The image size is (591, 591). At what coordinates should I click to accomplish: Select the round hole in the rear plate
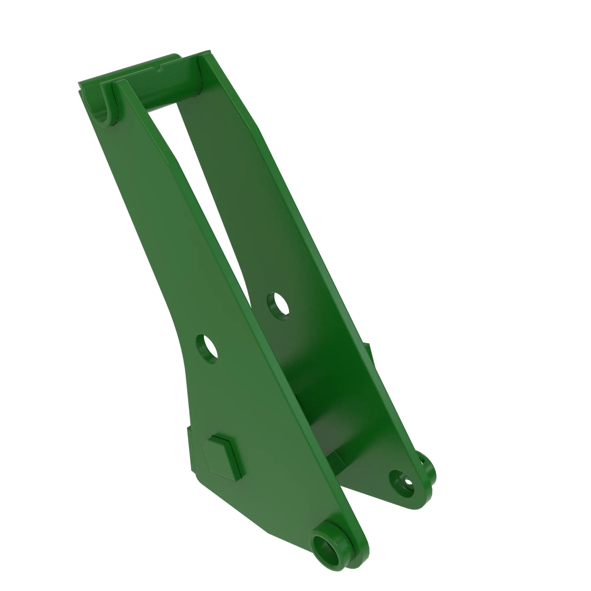[x=278, y=306]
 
